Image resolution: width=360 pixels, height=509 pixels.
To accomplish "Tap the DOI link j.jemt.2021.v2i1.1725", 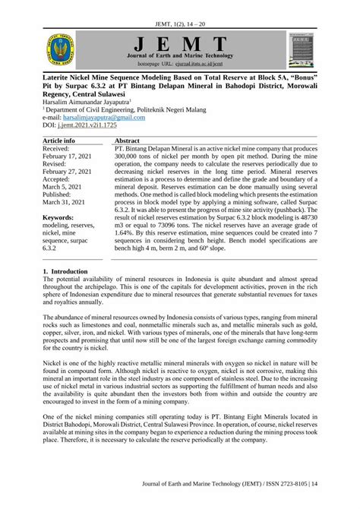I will coord(99,125).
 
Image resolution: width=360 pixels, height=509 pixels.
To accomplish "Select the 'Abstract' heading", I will coord(130,141).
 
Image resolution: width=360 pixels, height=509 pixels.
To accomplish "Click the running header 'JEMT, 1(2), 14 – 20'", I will coord(179,11).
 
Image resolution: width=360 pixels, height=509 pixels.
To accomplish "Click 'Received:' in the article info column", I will coord(60,149).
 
